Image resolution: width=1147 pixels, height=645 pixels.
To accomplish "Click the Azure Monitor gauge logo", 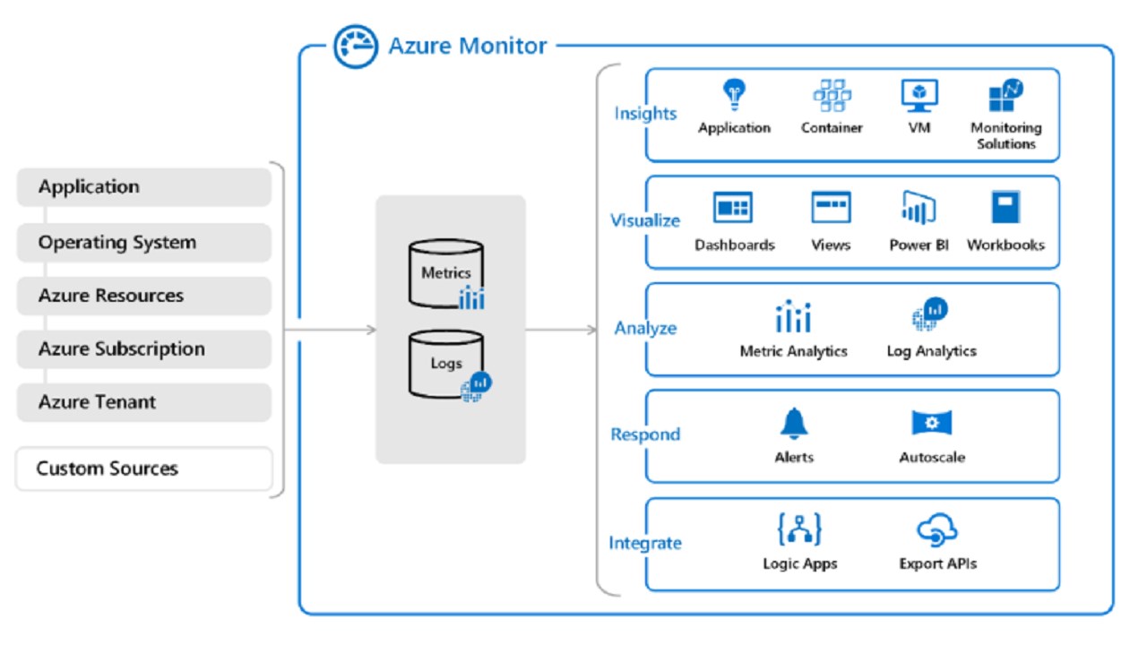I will [355, 47].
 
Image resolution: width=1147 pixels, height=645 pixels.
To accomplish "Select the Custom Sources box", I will [143, 469].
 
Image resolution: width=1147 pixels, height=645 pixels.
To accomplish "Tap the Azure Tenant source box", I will [143, 402].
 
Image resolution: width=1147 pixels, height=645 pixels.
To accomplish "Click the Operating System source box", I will [143, 242].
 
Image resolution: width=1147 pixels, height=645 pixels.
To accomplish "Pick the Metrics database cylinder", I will [446, 271].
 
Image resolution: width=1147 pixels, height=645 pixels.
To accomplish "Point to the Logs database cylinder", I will [446, 364].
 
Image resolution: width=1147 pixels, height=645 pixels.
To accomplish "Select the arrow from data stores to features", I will [561, 330].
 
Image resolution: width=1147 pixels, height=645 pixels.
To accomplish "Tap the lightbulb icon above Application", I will [734, 94].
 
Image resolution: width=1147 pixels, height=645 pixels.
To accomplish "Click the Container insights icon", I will [832, 95].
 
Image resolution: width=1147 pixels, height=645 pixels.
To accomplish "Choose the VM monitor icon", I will [919, 95].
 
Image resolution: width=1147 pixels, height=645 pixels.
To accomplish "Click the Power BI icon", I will [918, 208].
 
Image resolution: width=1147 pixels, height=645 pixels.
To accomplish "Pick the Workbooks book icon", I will [1005, 208].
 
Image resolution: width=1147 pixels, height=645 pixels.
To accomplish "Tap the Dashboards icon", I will [733, 208].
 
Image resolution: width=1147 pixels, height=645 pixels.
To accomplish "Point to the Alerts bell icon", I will [794, 423].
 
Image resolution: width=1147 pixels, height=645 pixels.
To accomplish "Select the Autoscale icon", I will [932, 423].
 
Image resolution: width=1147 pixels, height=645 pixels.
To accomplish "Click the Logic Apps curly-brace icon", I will [799, 529].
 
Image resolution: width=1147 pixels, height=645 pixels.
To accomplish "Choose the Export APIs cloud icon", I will [937, 530].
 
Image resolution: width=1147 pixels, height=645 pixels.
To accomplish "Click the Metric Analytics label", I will [794, 351].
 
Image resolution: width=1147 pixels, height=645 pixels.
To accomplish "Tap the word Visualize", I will [645, 220].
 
